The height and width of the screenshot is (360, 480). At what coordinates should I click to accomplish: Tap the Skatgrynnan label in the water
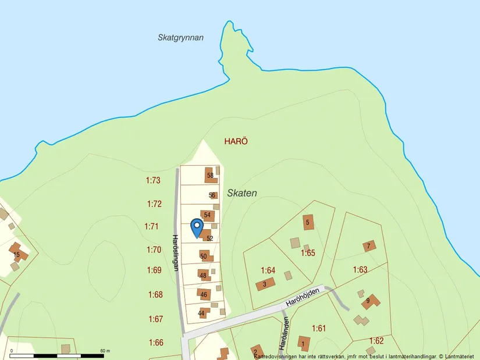point(180,37)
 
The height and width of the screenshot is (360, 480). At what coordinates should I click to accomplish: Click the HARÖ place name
point(236,141)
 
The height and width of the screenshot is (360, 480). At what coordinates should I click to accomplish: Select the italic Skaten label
point(242,193)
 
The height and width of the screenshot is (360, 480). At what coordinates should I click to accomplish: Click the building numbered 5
point(308,222)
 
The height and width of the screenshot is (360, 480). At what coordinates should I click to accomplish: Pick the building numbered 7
point(368,246)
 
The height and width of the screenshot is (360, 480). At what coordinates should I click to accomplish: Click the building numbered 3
point(265,284)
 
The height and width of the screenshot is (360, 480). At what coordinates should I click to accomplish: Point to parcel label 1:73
point(153,181)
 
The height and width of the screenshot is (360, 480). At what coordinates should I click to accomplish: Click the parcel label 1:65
point(308,253)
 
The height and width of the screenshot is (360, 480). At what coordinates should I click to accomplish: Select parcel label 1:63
point(360,270)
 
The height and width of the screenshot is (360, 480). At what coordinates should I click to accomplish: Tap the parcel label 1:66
point(156,343)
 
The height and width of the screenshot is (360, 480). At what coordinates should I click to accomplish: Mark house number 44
point(202,313)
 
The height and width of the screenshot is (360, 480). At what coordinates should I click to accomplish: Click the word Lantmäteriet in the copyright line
point(460,356)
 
